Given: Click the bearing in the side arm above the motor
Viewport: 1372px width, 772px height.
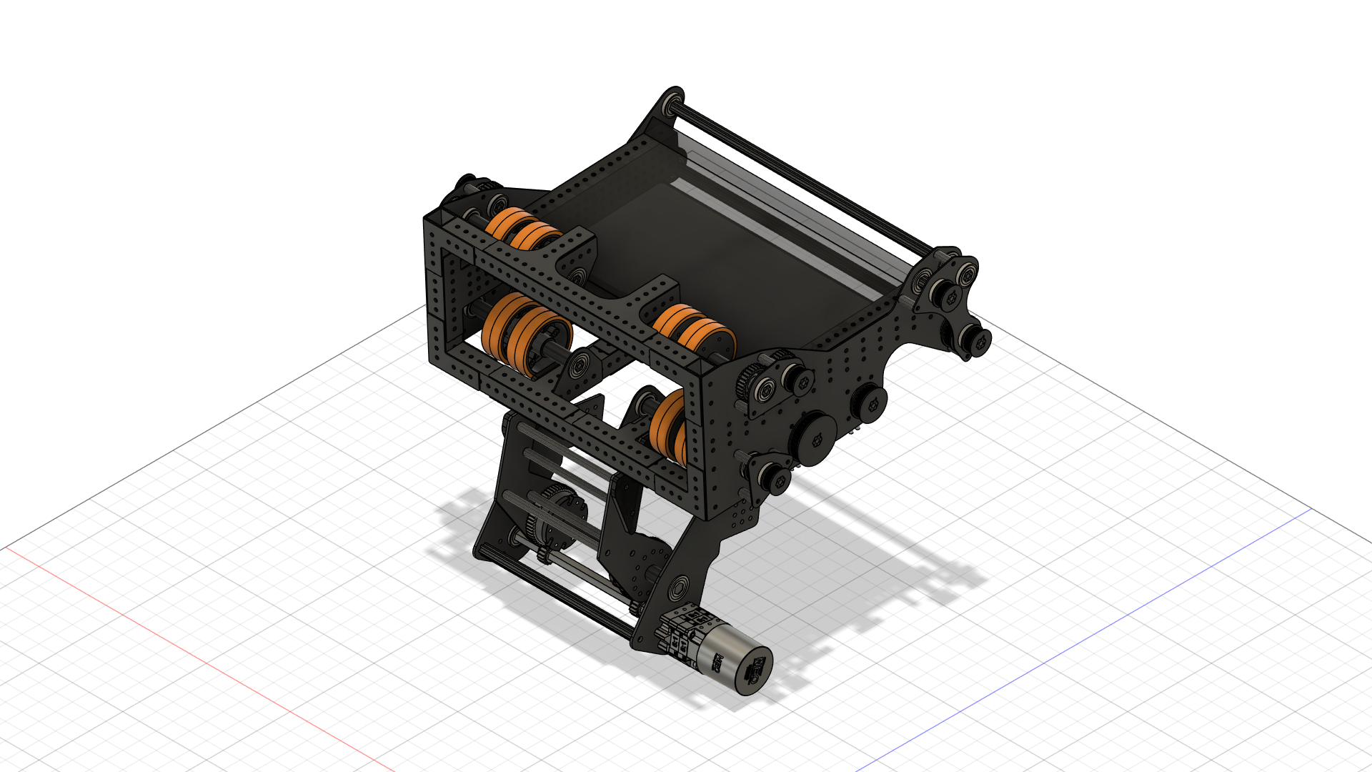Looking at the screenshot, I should tap(677, 588).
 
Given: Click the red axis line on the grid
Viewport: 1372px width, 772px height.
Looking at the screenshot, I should tap(179, 643).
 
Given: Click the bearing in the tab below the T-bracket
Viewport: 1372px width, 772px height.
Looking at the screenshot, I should tap(578, 364).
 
